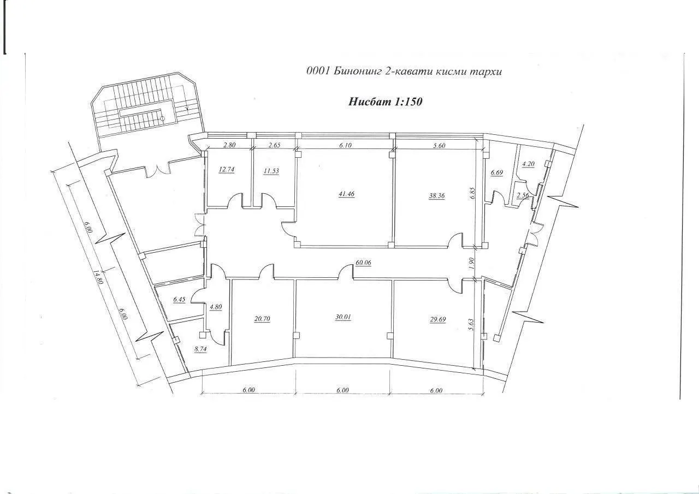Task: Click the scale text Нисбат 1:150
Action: pyautogui.click(x=385, y=102)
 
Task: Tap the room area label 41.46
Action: pyautogui.click(x=346, y=194)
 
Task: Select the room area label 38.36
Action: pyautogui.click(x=437, y=196)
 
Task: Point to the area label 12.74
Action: pyautogui.click(x=227, y=170)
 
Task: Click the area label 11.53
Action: pyautogui.click(x=271, y=171)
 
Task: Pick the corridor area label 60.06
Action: pyautogui.click(x=364, y=263)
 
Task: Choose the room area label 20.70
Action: pyautogui.click(x=262, y=319)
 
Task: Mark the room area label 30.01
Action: pyautogui.click(x=343, y=317)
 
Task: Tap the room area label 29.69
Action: pyautogui.click(x=438, y=319)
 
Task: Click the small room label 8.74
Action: pyautogui.click(x=200, y=349)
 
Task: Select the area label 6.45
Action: pyautogui.click(x=180, y=299)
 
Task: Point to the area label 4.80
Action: pyautogui.click(x=216, y=307)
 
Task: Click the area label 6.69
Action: pyautogui.click(x=497, y=172)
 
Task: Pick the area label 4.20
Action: pyautogui.click(x=528, y=164)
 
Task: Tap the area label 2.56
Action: pyautogui.click(x=523, y=195)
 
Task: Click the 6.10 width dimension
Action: pyautogui.click(x=346, y=145)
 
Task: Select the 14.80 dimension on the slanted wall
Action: pyautogui.click(x=98, y=277)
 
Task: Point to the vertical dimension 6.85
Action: pyautogui.click(x=472, y=193)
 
